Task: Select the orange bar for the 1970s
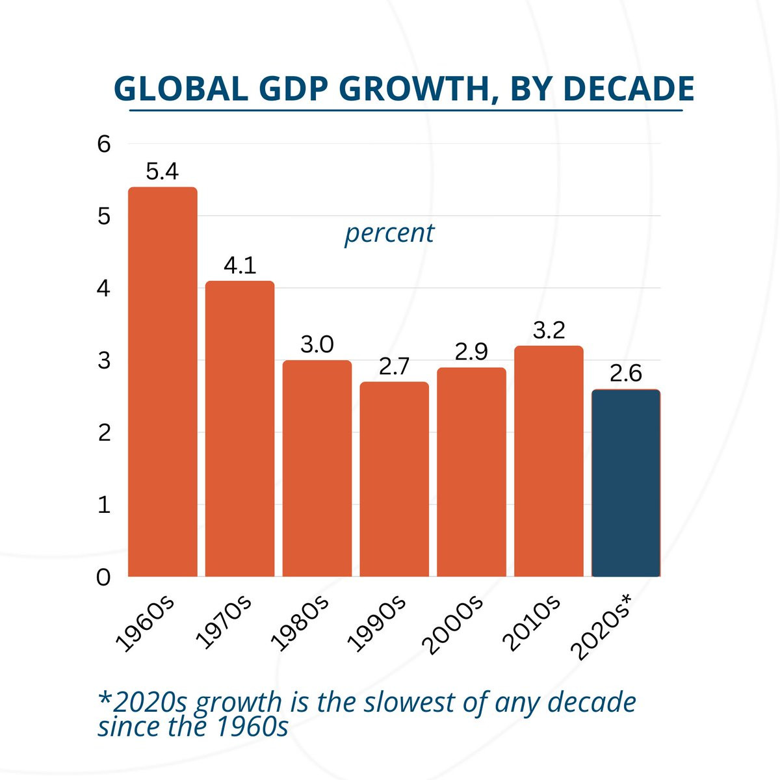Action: click(240, 429)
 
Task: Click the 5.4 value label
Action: click(162, 172)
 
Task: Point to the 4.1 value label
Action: click(240, 266)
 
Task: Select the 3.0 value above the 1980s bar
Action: click(317, 344)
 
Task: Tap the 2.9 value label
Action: click(471, 352)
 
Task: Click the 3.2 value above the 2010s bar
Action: click(549, 330)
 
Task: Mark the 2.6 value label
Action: click(626, 374)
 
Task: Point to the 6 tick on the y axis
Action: click(104, 144)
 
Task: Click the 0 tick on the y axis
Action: click(104, 577)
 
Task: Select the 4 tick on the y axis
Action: click(104, 289)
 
